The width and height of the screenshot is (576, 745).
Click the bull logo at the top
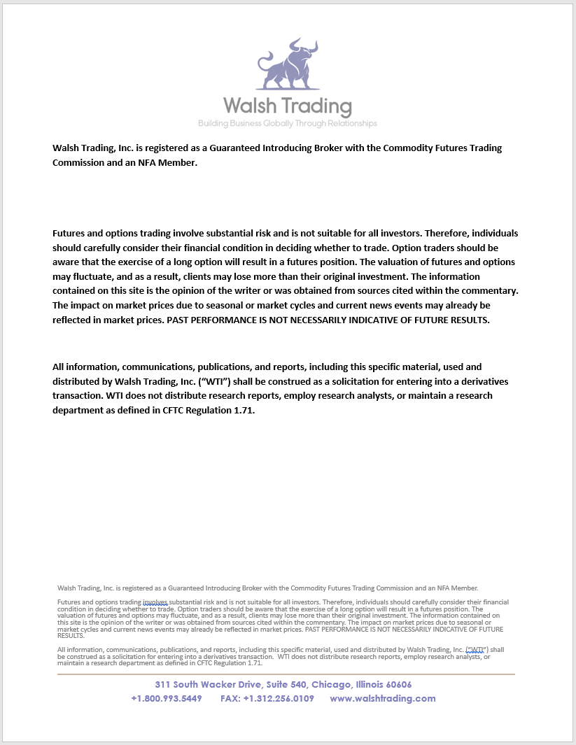(287, 64)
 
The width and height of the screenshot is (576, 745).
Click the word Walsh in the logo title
(248, 106)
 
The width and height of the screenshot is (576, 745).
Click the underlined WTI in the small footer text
(476, 650)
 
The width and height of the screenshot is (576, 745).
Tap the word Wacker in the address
(218, 685)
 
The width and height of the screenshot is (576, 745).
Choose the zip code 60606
(394, 685)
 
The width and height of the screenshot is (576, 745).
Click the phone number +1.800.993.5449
(167, 699)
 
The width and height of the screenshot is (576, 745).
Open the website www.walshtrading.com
(383, 699)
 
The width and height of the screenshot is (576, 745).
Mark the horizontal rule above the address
(286, 674)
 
